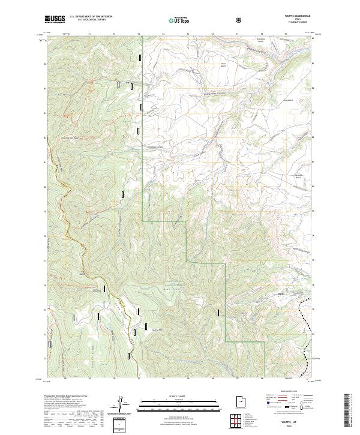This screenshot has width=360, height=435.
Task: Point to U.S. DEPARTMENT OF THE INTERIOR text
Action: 91,16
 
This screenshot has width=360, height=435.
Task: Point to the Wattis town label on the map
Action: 280,294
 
